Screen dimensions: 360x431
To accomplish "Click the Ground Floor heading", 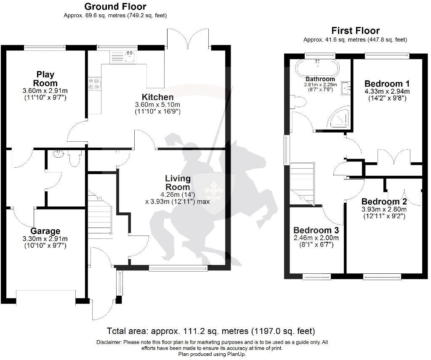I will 115,7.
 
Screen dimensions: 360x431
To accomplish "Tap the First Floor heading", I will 355,31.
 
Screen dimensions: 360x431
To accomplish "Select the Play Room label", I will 45,79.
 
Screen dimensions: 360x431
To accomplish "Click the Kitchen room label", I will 157,97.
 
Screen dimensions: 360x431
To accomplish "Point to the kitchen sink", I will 129,57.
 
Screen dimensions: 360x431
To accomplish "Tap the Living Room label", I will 177,183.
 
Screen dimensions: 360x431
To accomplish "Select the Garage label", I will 45,231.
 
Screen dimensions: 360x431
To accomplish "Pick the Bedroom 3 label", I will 316,230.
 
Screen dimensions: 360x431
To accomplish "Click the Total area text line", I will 210,331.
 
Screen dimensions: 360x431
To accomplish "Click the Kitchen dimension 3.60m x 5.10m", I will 157,105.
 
